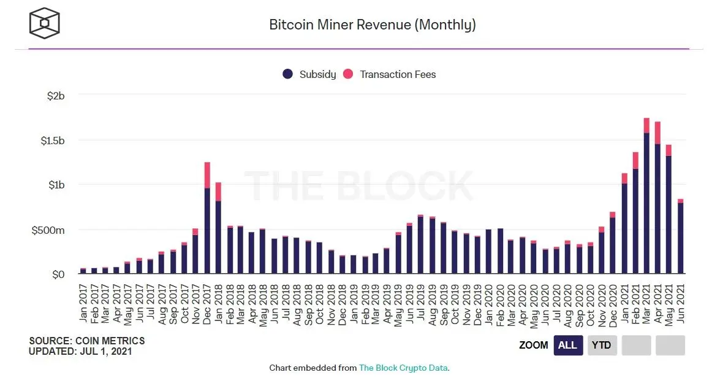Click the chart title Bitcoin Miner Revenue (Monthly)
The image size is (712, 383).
372,25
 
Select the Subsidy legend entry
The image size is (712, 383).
309,74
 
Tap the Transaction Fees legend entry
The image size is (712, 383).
390,74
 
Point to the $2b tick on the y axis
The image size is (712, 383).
55,96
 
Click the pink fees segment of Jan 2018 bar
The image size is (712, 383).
218,191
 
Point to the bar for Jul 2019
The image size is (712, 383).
420,246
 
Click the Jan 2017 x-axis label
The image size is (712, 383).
83,301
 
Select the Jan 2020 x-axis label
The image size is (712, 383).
488,301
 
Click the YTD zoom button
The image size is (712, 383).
601,346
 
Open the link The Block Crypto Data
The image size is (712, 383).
403,368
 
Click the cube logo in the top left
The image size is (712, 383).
45,23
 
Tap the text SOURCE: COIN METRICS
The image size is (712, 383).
86,341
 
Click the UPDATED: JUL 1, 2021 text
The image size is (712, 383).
80,352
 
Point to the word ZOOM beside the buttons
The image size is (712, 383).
533,346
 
